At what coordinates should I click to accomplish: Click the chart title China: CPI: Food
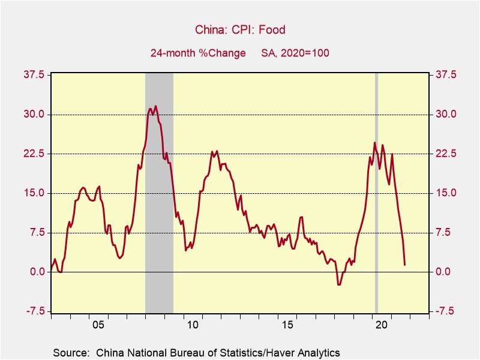(239, 29)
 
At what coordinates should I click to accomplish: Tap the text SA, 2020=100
(295, 53)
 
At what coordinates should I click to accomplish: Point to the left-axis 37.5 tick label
(34, 75)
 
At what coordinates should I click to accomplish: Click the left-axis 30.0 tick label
(34, 115)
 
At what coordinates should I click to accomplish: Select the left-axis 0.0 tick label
(37, 272)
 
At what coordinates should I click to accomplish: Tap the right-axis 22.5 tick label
(445, 154)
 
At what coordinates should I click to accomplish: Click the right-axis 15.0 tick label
(445, 193)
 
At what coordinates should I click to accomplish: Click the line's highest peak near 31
(155, 106)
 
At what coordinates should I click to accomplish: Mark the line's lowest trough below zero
(339, 284)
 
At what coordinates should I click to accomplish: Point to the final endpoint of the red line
(404, 265)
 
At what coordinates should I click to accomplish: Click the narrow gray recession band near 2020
(376, 192)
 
